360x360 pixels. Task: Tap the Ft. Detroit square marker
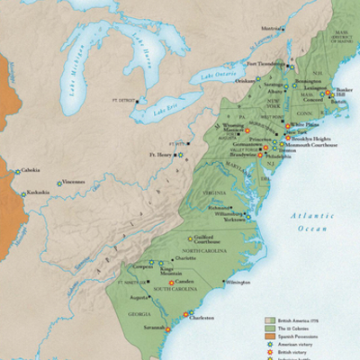(x=138, y=101)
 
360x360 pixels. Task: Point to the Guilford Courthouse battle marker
(x=190, y=239)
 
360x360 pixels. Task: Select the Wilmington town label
(x=239, y=282)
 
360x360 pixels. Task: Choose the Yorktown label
(x=231, y=219)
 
